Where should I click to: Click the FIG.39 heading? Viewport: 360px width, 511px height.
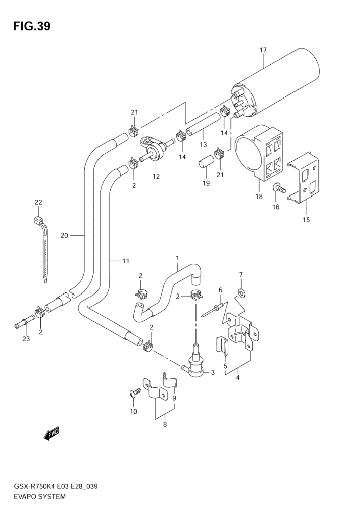[x=32, y=26]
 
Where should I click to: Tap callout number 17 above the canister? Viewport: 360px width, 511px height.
[x=263, y=50]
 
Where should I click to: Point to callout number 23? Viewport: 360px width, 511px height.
[x=26, y=339]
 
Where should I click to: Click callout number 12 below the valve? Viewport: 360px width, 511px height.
[x=156, y=176]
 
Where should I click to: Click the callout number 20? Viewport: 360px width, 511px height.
[x=65, y=235]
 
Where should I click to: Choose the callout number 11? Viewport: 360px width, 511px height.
[x=126, y=261]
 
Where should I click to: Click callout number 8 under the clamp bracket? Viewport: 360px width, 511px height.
[x=165, y=424]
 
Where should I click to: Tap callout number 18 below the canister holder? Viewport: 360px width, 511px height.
[x=259, y=196]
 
